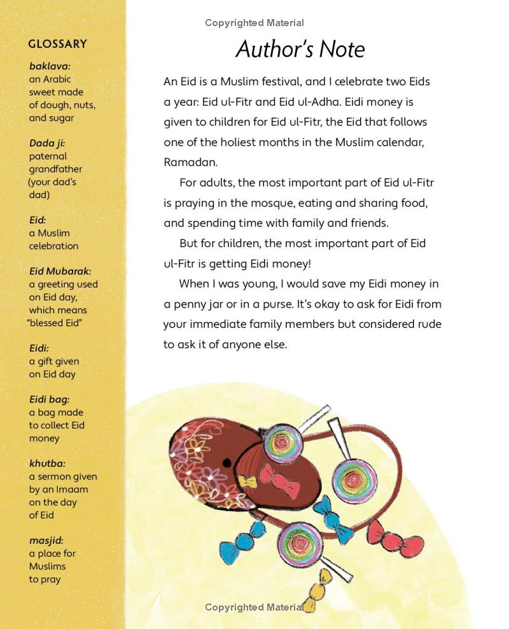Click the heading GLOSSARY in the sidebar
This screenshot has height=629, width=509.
[57, 44]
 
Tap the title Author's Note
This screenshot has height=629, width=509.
[300, 49]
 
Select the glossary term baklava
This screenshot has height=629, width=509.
[50, 66]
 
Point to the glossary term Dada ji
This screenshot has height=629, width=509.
[47, 143]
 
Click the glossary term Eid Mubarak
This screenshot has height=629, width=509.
[60, 271]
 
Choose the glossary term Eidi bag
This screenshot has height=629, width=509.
[49, 399]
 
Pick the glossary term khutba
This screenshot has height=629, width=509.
[47, 463]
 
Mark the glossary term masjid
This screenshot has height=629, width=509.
[46, 541]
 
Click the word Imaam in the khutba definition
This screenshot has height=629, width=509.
[71, 490]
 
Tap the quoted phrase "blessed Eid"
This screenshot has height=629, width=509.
[55, 323]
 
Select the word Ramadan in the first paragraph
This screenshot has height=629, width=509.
[190, 162]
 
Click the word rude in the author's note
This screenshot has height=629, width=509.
[428, 324]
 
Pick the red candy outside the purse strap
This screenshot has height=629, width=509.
[396, 537]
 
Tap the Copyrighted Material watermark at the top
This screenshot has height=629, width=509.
[254, 23]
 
